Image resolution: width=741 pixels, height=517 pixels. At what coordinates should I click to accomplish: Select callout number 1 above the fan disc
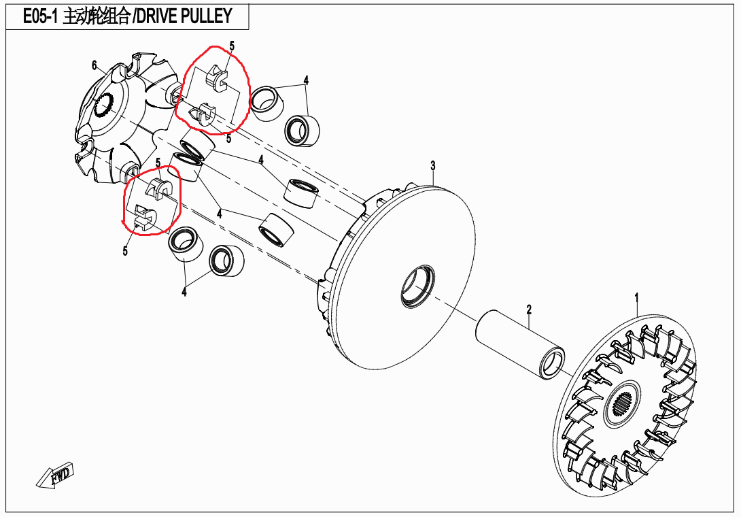[637, 298]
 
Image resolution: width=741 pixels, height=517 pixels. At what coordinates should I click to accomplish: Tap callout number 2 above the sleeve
[528, 310]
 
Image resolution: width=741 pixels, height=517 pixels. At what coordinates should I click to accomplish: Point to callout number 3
[432, 165]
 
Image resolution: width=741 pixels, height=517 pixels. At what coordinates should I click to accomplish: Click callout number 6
[94, 65]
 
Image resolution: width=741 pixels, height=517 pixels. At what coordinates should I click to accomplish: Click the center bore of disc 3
[416, 285]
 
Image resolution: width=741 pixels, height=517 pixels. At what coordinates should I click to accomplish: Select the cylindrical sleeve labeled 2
[520, 344]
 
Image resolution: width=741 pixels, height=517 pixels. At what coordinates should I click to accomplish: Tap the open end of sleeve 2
[555, 362]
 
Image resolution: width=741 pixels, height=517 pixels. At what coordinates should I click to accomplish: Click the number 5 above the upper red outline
[232, 46]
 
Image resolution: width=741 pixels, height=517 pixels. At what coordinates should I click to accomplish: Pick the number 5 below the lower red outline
[125, 252]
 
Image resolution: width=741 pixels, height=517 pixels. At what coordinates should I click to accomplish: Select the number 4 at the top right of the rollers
[306, 80]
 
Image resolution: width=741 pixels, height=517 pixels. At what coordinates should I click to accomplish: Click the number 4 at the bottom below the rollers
[184, 292]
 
